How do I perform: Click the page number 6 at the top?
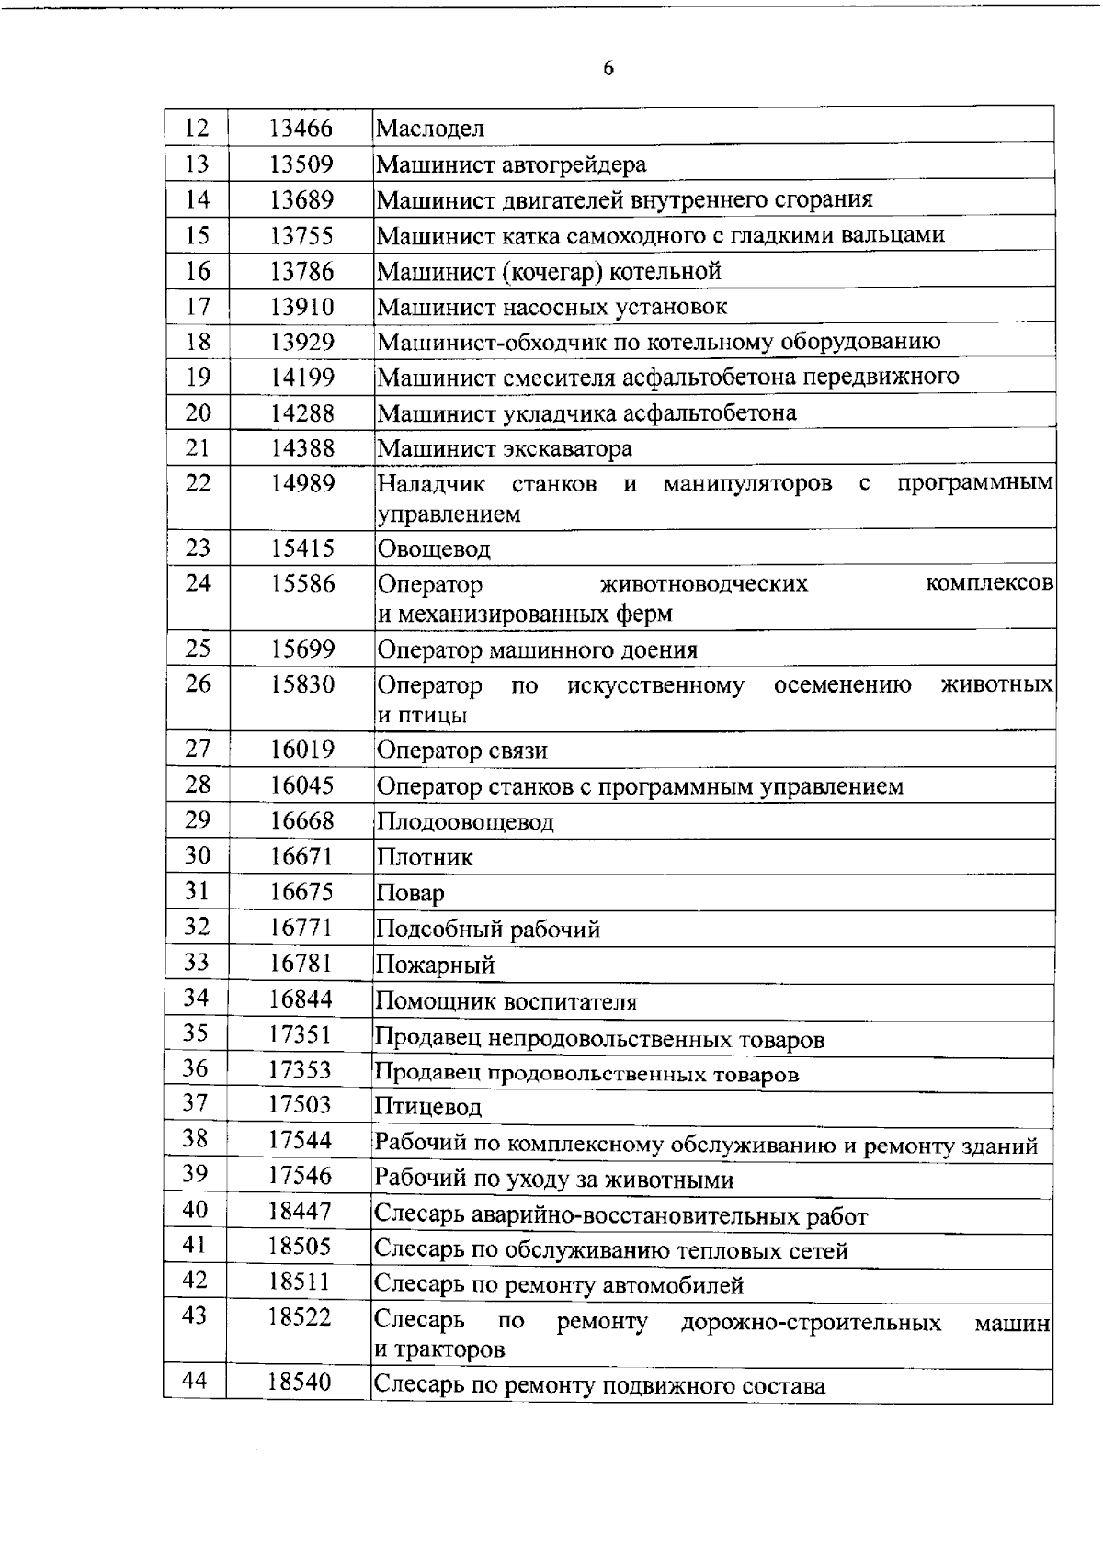click(x=608, y=69)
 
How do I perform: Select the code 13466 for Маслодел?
click(x=301, y=129)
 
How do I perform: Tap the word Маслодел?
click(x=430, y=129)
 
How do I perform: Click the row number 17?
click(x=198, y=306)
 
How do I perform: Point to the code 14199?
click(x=302, y=378)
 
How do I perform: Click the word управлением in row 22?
click(x=449, y=514)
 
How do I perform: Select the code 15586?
click(x=302, y=583)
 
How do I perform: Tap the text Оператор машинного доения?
click(x=538, y=650)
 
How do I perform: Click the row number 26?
click(x=198, y=683)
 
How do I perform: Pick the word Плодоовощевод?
click(x=466, y=822)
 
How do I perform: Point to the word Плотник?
click(x=426, y=858)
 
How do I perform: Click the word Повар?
click(x=411, y=894)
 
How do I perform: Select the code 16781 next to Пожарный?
click(x=301, y=964)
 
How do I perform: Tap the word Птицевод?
click(x=428, y=1107)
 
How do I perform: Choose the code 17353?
click(x=300, y=1070)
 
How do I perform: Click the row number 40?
click(x=195, y=1210)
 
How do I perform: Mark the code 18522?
click(x=300, y=1316)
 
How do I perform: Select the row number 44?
click(x=195, y=1381)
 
